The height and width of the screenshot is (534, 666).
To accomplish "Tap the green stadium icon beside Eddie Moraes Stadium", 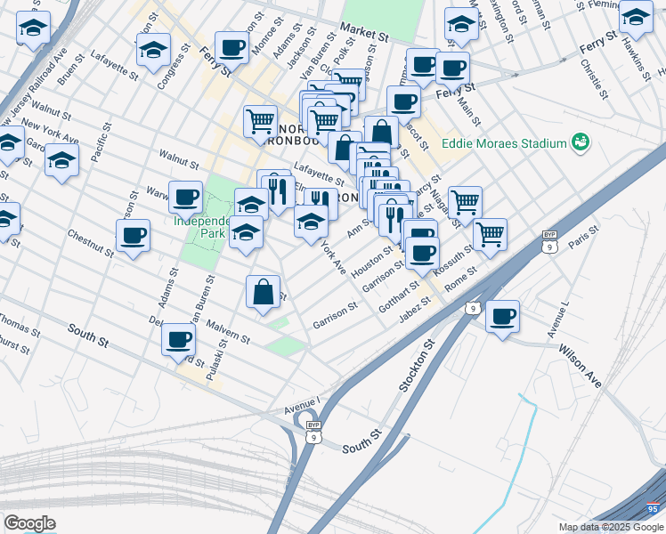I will [x=581, y=142].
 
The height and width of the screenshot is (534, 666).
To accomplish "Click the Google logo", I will [x=29, y=523].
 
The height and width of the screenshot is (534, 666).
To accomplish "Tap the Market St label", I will [x=365, y=36].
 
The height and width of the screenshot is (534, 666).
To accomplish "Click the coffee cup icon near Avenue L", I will [x=503, y=315].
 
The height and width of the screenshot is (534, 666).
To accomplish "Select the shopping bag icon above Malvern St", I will [x=264, y=291].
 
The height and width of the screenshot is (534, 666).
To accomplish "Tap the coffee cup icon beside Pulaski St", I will [x=178, y=338].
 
